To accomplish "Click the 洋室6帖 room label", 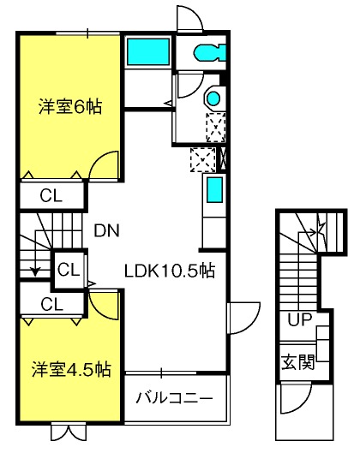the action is [70, 107].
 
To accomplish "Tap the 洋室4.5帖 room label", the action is [71, 369].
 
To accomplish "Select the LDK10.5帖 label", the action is [170, 271].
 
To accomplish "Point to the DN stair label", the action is [107, 230].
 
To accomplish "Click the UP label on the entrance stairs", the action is [300, 319].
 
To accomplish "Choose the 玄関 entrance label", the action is [298, 361].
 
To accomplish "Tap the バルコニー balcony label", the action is [174, 398].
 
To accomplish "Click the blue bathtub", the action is [148, 51].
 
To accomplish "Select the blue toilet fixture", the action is [210, 52].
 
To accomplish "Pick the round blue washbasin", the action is [213, 98].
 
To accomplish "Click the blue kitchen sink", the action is [215, 190].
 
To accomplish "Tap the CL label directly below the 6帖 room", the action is [51, 196].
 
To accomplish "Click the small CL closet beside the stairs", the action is [69, 270].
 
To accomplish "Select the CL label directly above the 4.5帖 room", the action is [52, 304].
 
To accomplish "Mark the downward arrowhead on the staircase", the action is [35, 271].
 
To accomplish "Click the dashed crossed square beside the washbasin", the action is [216, 128].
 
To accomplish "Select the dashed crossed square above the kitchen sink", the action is [203, 160].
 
